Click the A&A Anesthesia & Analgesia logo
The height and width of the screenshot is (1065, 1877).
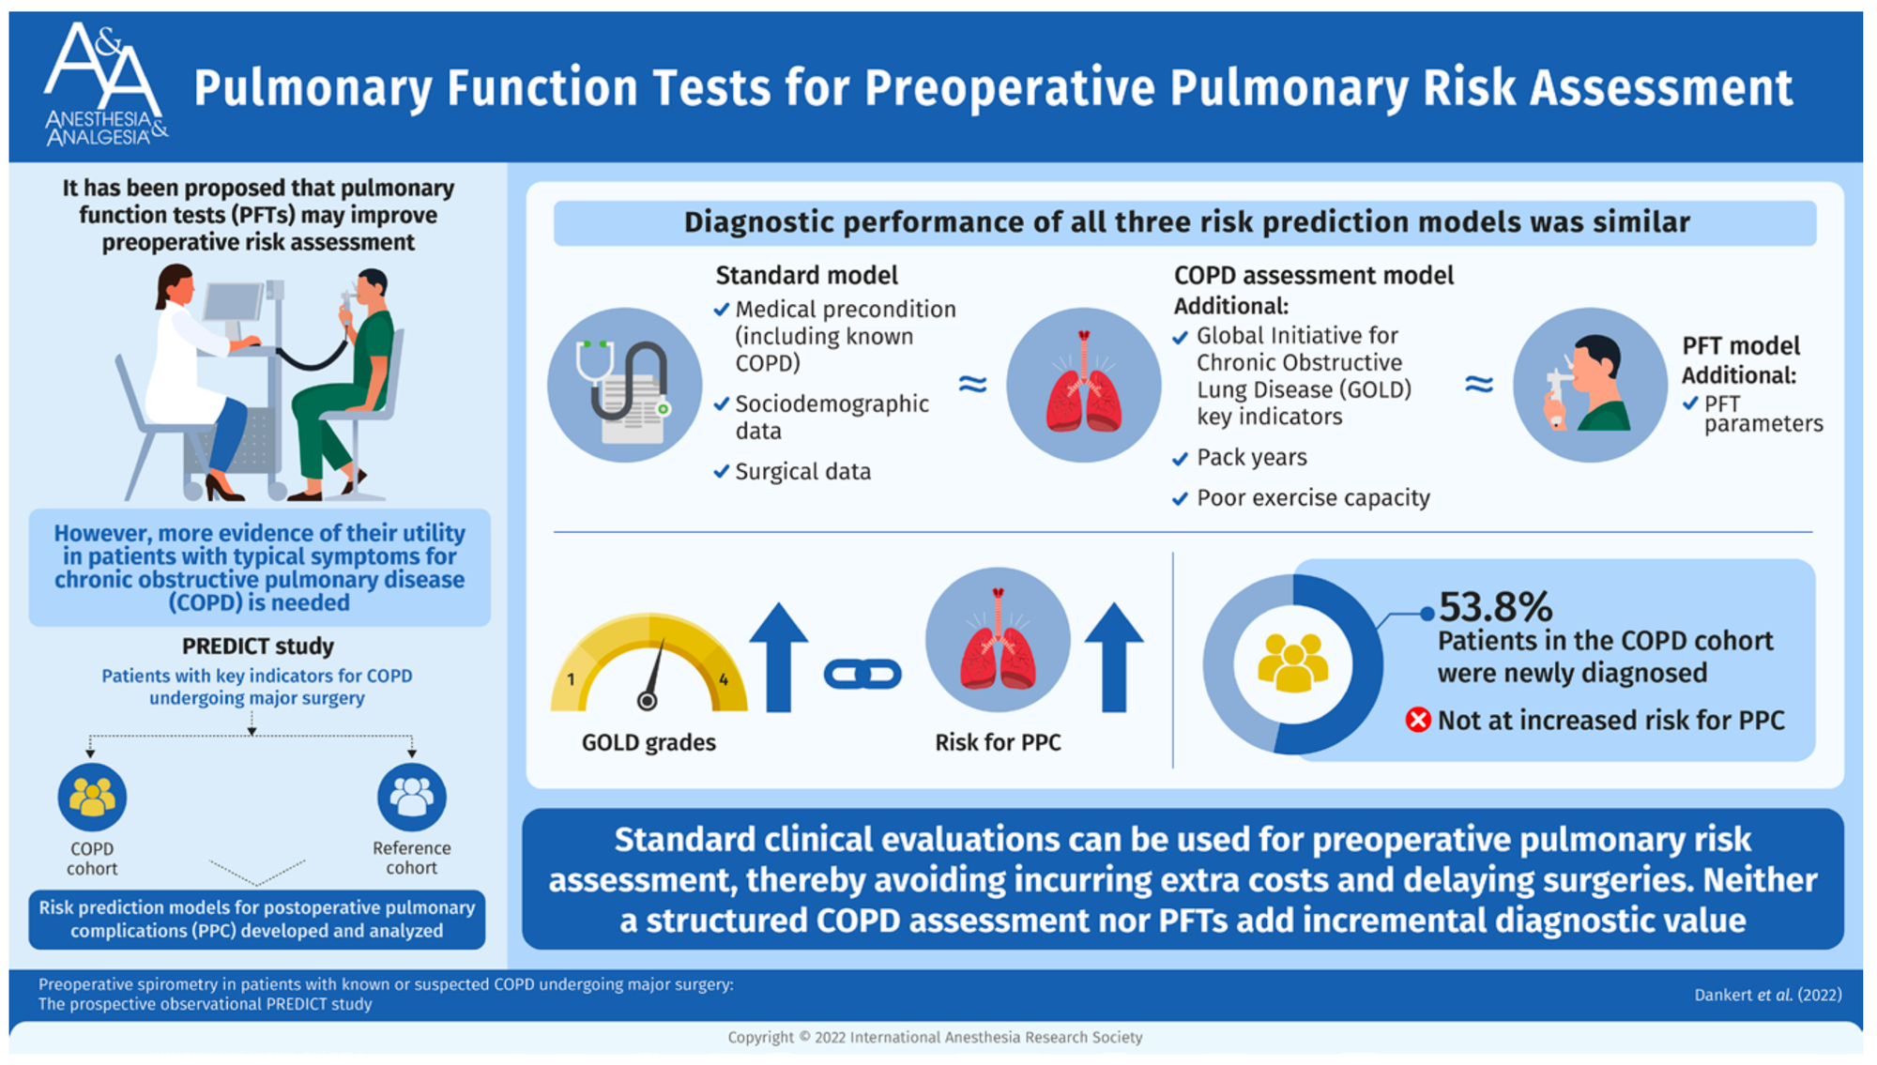tap(106, 84)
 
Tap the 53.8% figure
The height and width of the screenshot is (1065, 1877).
tap(1495, 607)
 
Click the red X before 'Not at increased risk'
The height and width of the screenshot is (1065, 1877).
tap(1418, 720)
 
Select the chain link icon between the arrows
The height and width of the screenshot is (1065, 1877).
tap(862, 674)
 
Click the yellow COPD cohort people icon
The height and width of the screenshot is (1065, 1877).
tap(92, 797)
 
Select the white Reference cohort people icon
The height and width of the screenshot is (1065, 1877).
tap(411, 797)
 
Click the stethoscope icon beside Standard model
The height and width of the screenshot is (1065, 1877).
tap(625, 385)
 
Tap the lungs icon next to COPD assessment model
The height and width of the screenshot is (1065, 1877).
tap(1083, 385)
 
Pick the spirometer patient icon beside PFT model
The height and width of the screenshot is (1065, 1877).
tap(1590, 385)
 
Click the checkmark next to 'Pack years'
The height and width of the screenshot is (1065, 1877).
tap(1181, 459)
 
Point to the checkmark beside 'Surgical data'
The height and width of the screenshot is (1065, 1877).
tap(721, 471)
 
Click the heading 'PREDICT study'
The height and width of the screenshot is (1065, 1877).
tap(258, 646)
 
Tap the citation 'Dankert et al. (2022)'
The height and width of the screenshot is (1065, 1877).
tap(1768, 995)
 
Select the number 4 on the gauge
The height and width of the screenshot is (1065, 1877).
tap(724, 679)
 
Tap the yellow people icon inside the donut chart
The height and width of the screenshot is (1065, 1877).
tap(1293, 663)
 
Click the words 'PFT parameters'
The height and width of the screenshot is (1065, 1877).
tap(1763, 414)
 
